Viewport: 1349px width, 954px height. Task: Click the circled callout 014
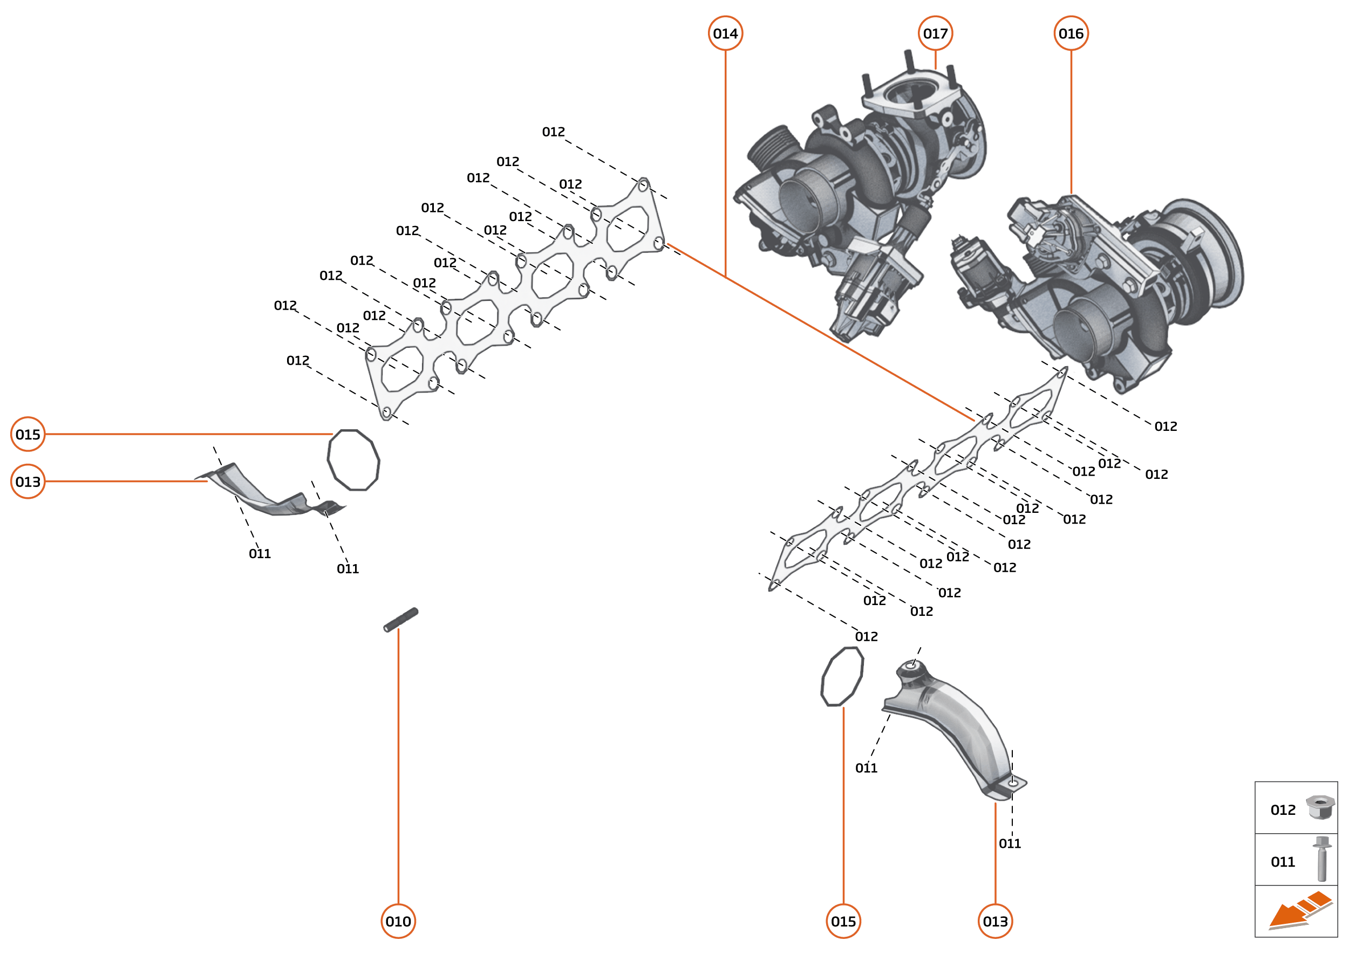point(725,33)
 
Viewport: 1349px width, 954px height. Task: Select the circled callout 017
point(935,33)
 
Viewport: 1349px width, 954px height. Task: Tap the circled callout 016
point(1071,33)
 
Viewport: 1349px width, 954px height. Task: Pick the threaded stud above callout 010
point(401,620)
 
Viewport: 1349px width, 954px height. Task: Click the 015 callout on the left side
point(28,434)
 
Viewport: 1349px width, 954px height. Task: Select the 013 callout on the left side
point(28,482)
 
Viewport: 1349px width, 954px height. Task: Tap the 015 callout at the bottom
point(843,921)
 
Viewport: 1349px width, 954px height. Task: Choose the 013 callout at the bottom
point(994,921)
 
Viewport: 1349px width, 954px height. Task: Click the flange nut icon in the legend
point(1320,808)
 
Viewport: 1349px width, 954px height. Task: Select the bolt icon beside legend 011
point(1321,859)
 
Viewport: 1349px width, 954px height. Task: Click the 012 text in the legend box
point(1283,810)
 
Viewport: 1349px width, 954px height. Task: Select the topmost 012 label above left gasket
point(553,132)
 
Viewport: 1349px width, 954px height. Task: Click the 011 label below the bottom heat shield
point(1009,843)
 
